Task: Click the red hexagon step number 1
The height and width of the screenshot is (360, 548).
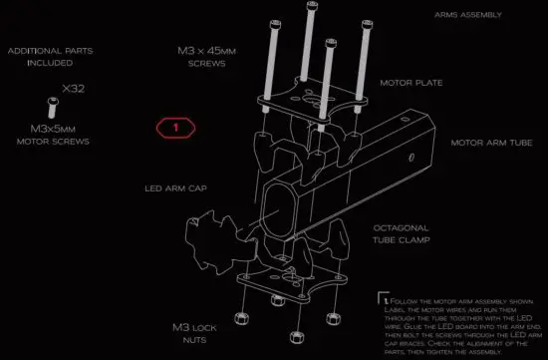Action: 177,127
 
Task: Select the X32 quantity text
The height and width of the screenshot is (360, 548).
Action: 74,90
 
